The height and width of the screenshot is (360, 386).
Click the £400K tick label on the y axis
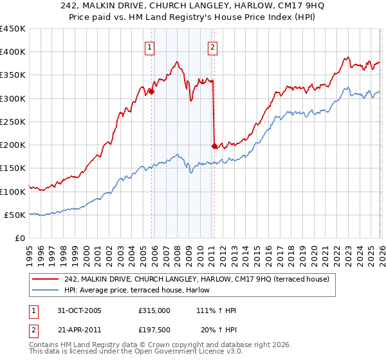pos(13,52)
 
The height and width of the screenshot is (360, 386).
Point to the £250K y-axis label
pos(13,122)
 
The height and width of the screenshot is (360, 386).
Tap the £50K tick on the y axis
pos(15,215)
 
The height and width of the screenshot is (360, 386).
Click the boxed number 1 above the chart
pos(150,46)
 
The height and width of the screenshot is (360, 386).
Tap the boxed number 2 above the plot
pos(212,46)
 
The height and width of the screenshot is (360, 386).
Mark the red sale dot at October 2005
pos(152,92)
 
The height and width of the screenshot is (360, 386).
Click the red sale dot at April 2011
pos(214,146)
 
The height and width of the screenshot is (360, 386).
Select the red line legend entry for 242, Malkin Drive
pos(197,279)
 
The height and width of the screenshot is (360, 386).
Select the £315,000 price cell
pos(154,310)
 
